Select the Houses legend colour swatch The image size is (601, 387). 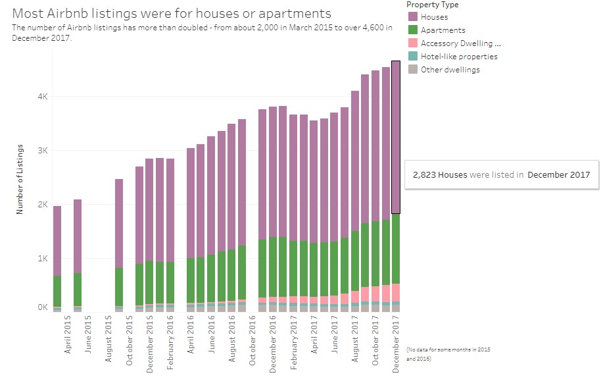(x=412, y=16)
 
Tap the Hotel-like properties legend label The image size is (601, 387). (x=459, y=56)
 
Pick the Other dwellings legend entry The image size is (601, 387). (x=450, y=69)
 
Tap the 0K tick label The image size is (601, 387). (x=42, y=307)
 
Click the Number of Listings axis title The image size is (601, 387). (x=20, y=178)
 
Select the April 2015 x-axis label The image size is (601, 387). (x=68, y=335)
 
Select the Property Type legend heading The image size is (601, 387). (x=432, y=5)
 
